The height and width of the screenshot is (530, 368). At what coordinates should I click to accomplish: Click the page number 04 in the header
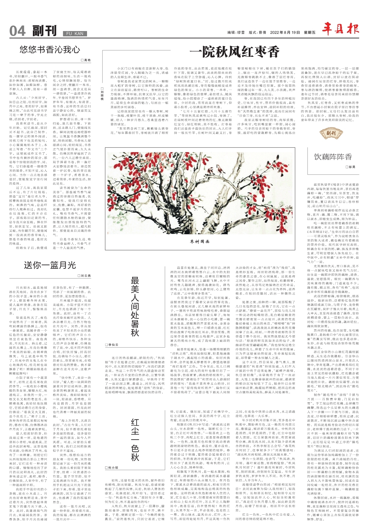tap(17, 31)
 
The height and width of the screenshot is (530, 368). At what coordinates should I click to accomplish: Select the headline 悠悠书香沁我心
tap(50, 49)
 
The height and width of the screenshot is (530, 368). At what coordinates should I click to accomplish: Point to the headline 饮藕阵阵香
tap(333, 157)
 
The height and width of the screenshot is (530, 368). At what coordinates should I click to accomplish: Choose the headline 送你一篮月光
tap(50, 265)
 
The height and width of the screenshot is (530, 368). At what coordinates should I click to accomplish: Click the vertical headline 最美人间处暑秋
tap(135, 306)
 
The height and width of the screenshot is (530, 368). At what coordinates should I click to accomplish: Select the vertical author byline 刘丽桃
tap(102, 93)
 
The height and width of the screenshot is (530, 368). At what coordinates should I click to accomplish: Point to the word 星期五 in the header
tap(310, 33)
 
